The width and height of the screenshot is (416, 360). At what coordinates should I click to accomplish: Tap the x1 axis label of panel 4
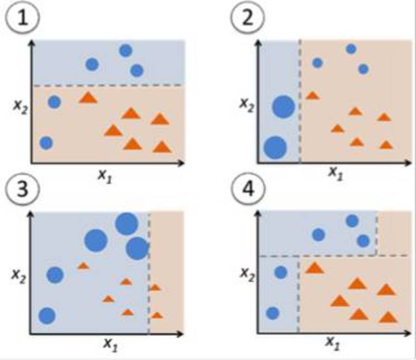(x=333, y=342)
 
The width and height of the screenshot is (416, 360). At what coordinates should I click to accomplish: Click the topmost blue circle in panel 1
(x=125, y=50)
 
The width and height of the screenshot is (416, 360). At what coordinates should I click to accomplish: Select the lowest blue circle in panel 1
(x=45, y=142)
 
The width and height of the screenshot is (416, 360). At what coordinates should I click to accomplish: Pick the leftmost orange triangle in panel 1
(x=87, y=98)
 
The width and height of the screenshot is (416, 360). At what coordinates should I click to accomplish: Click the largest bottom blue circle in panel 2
(x=276, y=148)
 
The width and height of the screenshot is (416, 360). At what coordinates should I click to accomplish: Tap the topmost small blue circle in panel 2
(x=351, y=48)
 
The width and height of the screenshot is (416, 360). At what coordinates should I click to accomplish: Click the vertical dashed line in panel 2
(x=300, y=104)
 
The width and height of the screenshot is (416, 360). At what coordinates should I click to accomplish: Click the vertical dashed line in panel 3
(x=149, y=273)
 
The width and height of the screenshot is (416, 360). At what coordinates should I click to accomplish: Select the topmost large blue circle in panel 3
(x=125, y=225)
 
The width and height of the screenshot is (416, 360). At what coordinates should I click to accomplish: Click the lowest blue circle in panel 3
(x=47, y=316)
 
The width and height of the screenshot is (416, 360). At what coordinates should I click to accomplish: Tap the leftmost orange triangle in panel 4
(x=315, y=268)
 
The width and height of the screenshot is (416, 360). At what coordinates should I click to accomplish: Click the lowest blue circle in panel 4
(x=273, y=313)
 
